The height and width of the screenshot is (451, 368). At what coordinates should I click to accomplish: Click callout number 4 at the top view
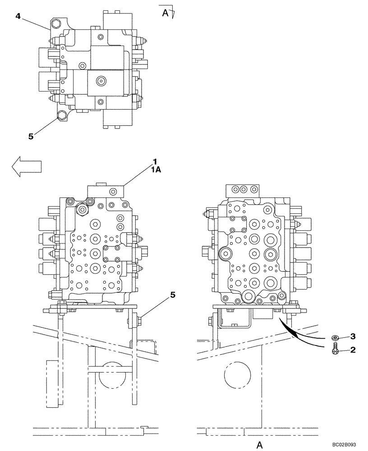coord(18,16)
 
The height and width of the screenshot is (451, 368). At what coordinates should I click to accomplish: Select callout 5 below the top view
coord(31,136)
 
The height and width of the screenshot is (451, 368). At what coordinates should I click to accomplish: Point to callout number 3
coord(353,336)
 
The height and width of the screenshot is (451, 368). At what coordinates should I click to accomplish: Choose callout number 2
coord(353,349)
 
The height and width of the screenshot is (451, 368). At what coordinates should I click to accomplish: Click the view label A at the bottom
coord(260,445)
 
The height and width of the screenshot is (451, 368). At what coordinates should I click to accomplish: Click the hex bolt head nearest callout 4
coord(56,23)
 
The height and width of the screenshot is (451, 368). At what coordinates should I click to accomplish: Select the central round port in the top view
coord(101,82)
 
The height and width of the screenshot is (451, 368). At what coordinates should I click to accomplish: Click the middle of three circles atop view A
coord(244,189)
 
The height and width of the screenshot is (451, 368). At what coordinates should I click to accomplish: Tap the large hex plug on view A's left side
coord(225,255)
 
